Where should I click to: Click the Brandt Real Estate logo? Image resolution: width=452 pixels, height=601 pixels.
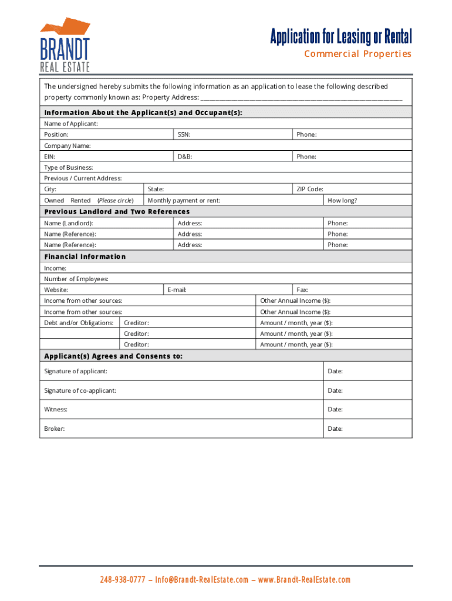65,45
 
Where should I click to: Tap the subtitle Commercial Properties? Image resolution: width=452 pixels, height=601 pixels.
357,54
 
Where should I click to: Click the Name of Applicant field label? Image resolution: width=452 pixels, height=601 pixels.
71,124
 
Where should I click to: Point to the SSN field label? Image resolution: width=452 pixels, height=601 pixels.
184,134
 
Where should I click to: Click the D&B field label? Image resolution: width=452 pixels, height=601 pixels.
185,157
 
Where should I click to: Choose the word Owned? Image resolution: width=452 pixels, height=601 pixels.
54,200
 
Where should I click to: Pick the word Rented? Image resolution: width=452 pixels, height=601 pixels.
80,200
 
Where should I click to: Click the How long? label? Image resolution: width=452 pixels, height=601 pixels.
342,200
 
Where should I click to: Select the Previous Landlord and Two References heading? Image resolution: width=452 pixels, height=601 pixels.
117,211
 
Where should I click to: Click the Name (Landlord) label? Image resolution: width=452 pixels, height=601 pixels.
68,223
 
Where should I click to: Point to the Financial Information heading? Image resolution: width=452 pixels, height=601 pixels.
85,256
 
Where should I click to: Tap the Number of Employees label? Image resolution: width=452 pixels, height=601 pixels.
76,279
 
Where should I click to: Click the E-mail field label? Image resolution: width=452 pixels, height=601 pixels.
177,290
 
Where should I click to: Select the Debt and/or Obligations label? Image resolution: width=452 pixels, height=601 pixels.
79,323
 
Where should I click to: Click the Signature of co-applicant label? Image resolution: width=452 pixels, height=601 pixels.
80,390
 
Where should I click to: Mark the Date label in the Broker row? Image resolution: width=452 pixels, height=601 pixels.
335,428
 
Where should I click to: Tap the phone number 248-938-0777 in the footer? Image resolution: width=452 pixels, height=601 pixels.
122,580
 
